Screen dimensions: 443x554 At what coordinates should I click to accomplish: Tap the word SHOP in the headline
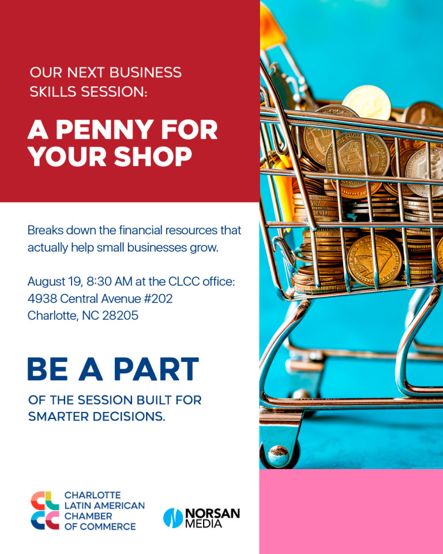tap(153, 156)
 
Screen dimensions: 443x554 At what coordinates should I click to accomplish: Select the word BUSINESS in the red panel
tap(145, 73)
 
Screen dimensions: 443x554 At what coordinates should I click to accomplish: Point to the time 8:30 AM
tap(110, 282)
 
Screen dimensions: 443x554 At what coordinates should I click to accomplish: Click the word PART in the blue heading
tap(156, 369)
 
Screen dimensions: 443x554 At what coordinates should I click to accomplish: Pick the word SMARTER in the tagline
tap(58, 417)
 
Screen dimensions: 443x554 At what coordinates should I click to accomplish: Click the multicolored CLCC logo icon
tap(45, 511)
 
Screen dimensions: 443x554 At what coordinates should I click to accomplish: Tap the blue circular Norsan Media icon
tap(173, 518)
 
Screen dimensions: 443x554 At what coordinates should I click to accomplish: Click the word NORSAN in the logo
tap(213, 514)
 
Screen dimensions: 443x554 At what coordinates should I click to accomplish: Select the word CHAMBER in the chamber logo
tap(88, 516)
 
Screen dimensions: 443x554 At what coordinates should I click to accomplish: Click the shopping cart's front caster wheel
tap(279, 454)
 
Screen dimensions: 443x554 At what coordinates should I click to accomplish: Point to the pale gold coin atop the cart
tap(367, 103)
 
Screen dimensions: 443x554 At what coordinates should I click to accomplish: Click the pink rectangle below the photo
tap(351, 511)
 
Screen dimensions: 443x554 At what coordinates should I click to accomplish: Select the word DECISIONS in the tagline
tap(129, 417)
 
